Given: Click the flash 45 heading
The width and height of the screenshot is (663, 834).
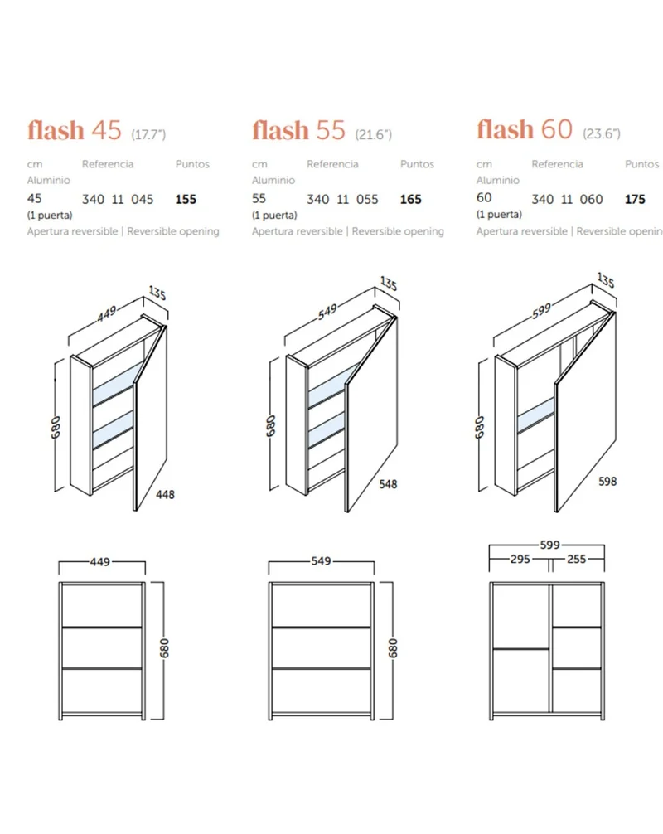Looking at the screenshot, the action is coord(75,130).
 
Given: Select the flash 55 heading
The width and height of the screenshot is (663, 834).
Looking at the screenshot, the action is coord(299,130).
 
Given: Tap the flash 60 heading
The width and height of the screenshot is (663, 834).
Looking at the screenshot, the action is coord(525,129).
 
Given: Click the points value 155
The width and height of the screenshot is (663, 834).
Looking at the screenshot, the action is coord(186,200).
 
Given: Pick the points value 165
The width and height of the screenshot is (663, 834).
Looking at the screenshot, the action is coord(410,200).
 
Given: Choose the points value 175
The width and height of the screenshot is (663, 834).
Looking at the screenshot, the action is coord(635,200).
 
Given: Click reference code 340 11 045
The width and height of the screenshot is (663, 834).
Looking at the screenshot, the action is coord(118,200).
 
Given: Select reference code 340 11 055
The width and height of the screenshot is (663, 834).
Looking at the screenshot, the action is coord(342,200).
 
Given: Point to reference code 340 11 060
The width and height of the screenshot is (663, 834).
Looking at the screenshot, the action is coord(568,200).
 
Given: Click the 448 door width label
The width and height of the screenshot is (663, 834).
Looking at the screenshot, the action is coord(165,495).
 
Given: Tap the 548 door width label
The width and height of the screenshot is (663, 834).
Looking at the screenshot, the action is coord(388,484).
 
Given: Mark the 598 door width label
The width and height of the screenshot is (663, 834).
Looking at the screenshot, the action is coord(607,482).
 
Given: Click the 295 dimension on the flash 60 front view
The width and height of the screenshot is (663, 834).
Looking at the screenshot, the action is coord(520,559).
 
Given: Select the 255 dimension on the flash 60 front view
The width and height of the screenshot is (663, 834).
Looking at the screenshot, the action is coord(576,559).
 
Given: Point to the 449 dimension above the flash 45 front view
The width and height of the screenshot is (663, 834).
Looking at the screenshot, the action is coord(100,562).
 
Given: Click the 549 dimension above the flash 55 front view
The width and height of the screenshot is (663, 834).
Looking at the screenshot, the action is coord(321,561).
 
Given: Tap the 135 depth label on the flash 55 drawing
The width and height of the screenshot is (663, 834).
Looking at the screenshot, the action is coord(389,284).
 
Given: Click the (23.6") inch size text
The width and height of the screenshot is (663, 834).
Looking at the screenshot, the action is coord(602,133).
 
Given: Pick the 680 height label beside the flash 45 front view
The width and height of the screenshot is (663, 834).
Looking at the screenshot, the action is coord(164,647).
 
